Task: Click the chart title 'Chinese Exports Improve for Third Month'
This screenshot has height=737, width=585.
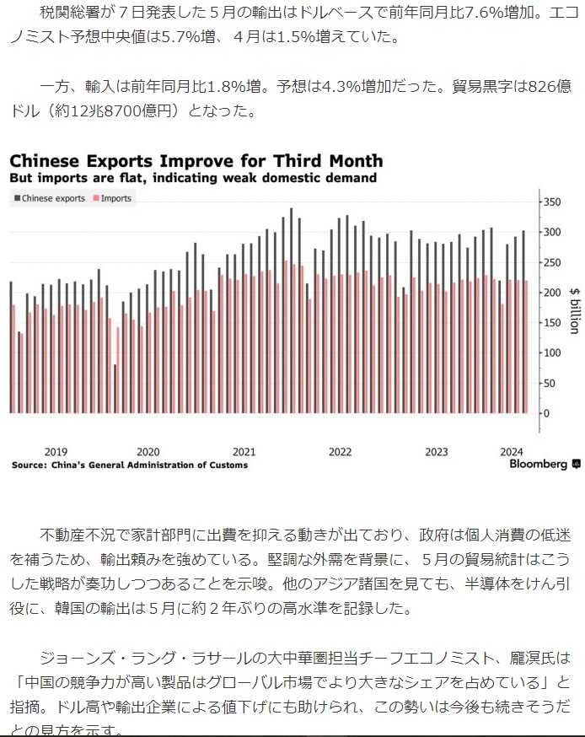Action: [196, 160]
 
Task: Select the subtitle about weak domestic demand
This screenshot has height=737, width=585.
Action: [193, 179]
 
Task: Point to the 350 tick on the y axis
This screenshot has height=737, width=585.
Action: [552, 202]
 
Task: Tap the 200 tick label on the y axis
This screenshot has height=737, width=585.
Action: [552, 293]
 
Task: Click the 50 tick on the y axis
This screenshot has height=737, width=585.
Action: [550, 383]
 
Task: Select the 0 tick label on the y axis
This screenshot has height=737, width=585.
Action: [546, 413]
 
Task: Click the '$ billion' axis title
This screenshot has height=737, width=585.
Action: [573, 309]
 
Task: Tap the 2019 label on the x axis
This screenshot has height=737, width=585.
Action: [56, 452]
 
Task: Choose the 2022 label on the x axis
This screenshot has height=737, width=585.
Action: [340, 452]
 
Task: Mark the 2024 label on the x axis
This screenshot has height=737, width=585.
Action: [512, 452]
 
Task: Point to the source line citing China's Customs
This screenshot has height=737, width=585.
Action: [129, 465]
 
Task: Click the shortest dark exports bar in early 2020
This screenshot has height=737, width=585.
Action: [115, 388]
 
